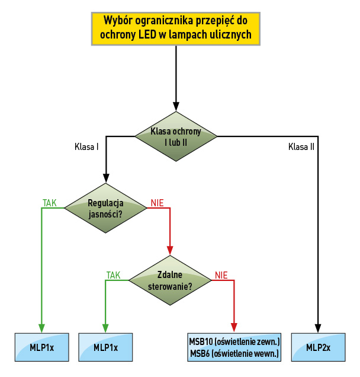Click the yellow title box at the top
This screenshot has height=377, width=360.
176,28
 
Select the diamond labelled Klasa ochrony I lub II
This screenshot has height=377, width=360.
176,137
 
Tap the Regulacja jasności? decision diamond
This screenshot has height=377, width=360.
105,208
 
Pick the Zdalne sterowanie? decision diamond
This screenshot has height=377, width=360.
171,280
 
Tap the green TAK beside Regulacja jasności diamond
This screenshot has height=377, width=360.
50,203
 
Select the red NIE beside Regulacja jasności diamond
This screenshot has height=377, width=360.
157,203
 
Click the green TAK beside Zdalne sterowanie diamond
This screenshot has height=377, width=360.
113,275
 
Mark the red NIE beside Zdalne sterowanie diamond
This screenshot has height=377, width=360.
221,275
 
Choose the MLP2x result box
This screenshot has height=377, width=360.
319,348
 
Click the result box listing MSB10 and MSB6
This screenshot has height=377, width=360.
234,348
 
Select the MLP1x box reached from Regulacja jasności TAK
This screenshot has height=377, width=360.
41,348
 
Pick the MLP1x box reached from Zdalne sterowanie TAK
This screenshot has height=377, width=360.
105,348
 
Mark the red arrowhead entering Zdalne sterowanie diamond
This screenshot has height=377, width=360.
171,249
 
